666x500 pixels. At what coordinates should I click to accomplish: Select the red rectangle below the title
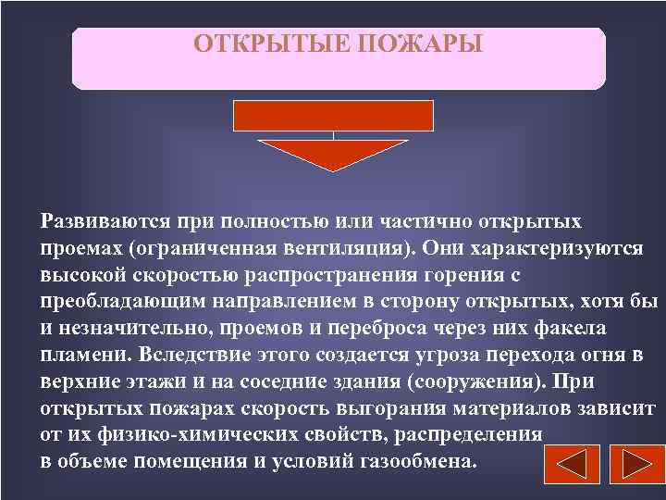point(333,114)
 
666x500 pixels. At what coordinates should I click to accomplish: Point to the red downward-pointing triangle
point(333,154)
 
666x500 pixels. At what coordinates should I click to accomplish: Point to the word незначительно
point(126,329)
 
